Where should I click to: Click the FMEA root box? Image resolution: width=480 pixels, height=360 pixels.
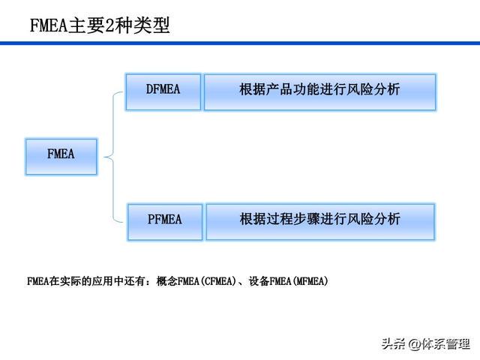[x=61, y=157]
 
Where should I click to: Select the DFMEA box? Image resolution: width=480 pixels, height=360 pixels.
[x=163, y=91]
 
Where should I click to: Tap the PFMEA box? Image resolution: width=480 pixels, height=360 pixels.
[x=165, y=222]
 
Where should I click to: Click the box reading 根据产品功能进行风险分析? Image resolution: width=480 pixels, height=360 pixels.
[x=320, y=91]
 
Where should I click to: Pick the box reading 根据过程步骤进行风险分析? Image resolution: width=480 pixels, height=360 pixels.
[x=320, y=222]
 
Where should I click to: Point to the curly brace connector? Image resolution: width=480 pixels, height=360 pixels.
[x=113, y=157]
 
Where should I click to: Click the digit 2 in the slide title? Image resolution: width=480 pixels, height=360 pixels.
[x=109, y=25]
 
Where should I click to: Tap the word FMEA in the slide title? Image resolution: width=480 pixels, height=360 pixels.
[x=49, y=25]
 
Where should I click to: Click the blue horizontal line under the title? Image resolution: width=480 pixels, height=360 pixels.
[x=240, y=43]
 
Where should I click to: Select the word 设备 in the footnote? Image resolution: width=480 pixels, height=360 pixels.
[x=259, y=280]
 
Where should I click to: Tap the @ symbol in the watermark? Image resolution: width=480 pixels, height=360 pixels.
[x=415, y=344]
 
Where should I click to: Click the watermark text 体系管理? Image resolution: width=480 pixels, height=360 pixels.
[x=445, y=344]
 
